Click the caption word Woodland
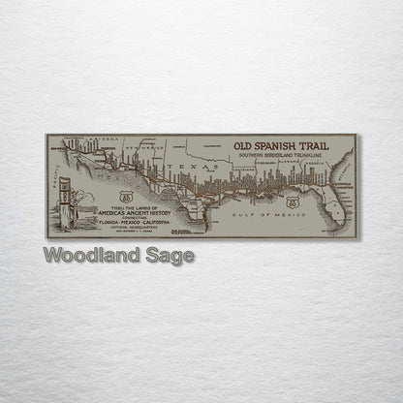click(x=89, y=256)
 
